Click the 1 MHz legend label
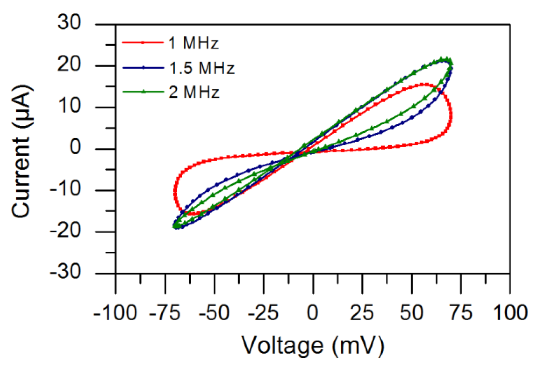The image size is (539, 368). tap(193, 43)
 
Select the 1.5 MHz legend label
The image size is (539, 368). tap(201, 68)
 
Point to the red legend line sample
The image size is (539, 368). tap(143, 43)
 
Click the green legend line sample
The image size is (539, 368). tap(143, 92)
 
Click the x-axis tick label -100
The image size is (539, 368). tap(115, 313)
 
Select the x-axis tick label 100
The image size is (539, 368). tap(510, 313)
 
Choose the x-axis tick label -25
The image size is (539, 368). tap(263, 313)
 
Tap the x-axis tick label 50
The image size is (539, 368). tap(411, 313)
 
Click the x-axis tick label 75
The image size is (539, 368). tap(460, 313)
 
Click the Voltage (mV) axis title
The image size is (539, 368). tap(312, 346)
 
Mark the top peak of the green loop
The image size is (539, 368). tap(444, 59)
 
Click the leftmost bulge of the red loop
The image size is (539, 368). tap(175, 191)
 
